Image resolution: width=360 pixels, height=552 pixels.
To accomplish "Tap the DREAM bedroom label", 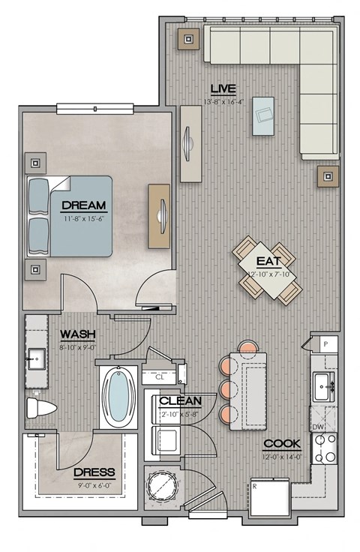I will click(83, 205).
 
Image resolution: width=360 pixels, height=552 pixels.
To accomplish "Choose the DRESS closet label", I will click(94, 472).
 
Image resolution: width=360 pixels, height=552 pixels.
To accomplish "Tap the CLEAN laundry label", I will click(180, 400).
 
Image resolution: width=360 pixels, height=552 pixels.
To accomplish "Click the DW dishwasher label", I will click(318, 426).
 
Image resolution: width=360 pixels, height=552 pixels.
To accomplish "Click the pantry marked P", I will click(325, 344).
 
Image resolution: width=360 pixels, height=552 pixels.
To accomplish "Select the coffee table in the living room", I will click(262, 115).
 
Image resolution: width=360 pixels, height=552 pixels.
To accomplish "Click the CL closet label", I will click(159, 377).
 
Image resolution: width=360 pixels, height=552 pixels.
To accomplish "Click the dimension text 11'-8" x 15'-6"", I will click(83, 218).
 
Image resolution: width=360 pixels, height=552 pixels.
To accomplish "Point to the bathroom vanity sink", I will click(35, 360).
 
